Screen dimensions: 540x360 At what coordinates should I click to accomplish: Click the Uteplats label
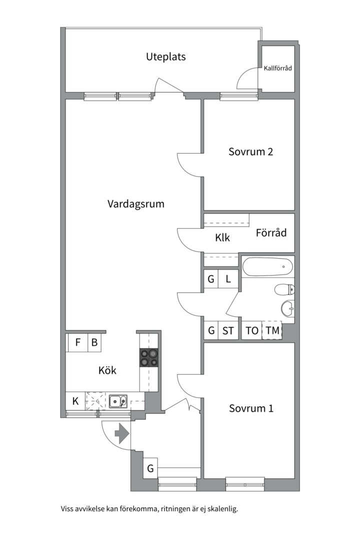point(165,56)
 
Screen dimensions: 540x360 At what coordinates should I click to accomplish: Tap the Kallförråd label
point(277,68)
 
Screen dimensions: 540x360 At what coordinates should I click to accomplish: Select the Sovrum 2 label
point(250,151)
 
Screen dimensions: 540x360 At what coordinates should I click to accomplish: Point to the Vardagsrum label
point(135,204)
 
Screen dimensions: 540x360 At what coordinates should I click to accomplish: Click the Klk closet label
point(222,238)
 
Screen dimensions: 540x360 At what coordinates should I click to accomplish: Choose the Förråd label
point(271,232)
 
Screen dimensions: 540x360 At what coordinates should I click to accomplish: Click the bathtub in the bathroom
point(267,266)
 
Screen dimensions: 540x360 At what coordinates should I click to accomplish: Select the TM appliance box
point(272,330)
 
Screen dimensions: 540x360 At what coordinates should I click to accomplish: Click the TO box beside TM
point(252,330)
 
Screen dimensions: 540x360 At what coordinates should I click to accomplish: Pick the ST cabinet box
point(228,330)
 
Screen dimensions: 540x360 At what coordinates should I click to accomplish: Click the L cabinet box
point(228,279)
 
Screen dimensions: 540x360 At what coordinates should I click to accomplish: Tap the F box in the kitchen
point(78,343)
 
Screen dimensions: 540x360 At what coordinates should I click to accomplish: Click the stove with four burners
point(149,357)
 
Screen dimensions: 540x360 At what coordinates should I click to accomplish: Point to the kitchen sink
point(118,401)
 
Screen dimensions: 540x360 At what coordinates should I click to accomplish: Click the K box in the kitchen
point(75,400)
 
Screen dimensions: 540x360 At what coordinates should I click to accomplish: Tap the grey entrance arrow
point(121,433)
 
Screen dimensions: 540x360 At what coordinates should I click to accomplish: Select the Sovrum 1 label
point(251,408)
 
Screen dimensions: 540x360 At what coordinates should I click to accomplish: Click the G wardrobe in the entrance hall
point(150,469)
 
